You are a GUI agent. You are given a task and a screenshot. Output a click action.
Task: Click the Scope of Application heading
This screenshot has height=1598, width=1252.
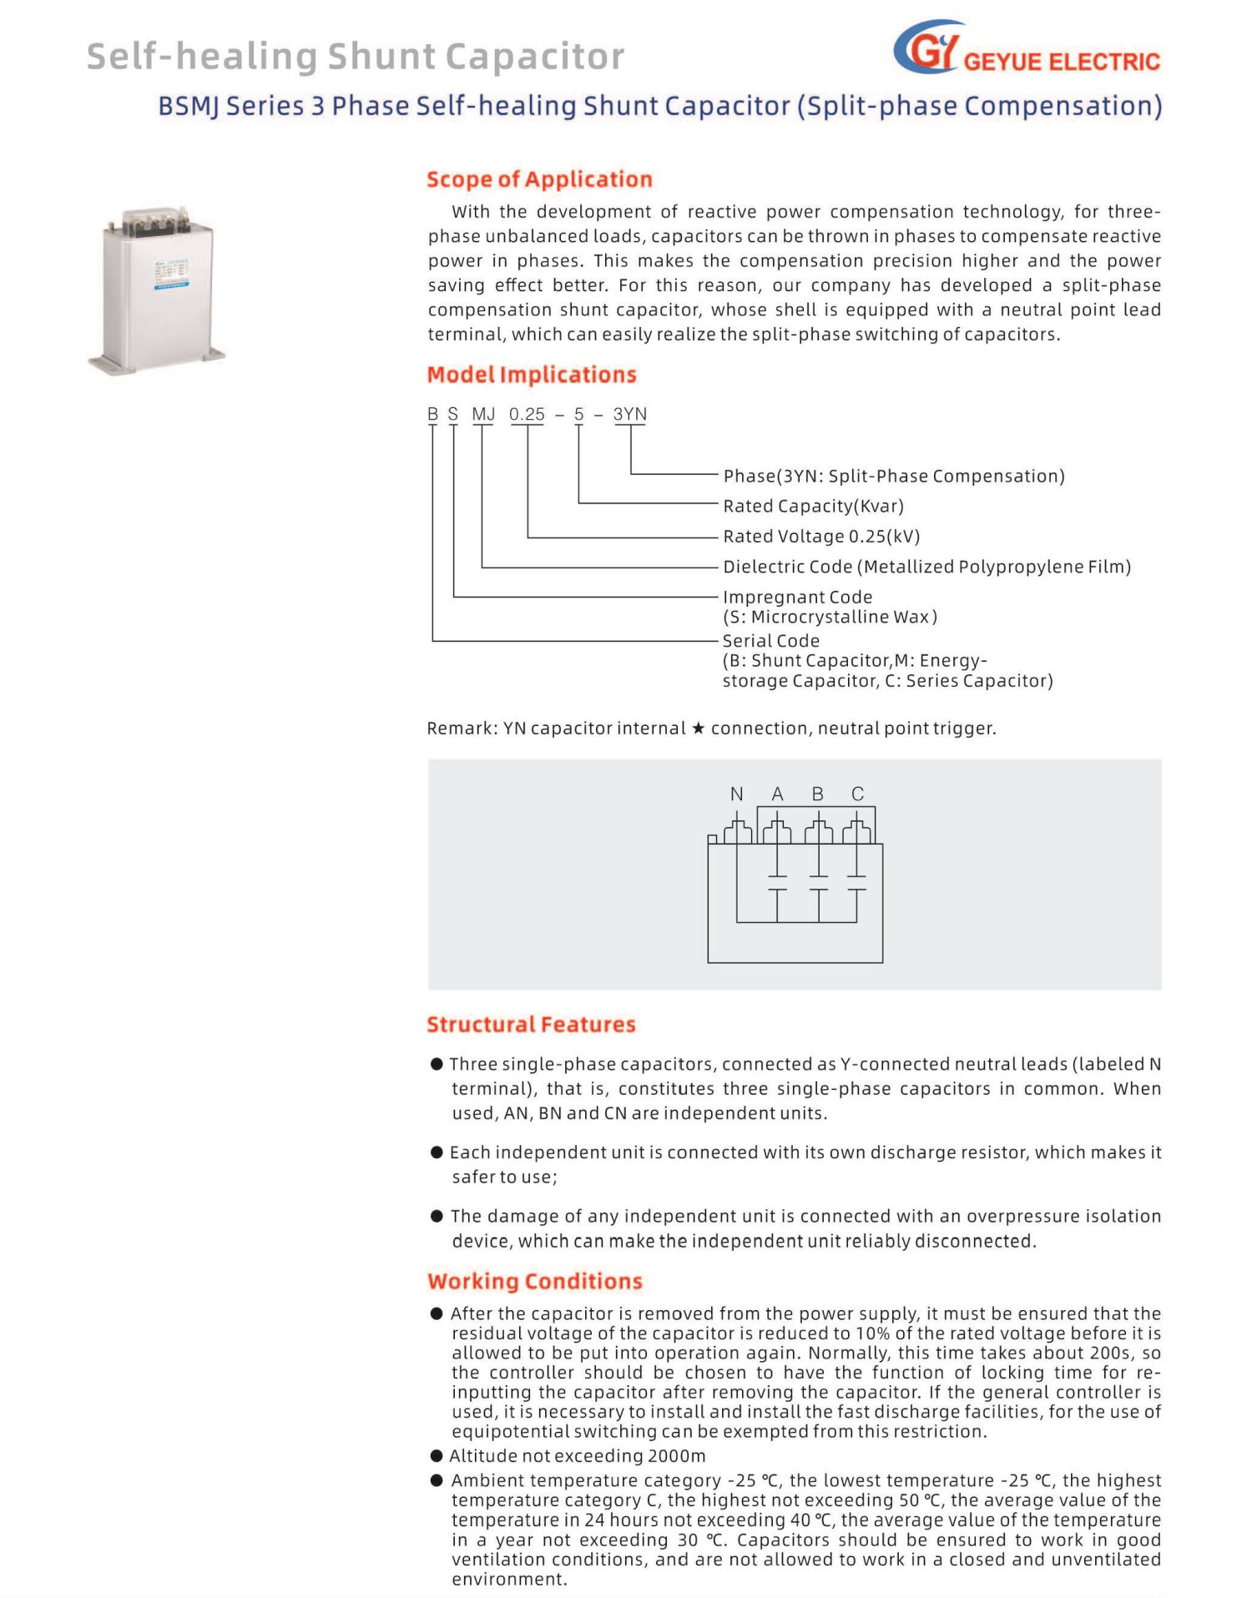click(539, 179)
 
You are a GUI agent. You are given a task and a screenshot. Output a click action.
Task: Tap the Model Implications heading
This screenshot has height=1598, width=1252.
click(531, 375)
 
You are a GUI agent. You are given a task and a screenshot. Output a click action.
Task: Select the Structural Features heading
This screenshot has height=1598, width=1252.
click(531, 1024)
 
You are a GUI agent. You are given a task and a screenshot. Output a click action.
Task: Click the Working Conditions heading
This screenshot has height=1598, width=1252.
click(534, 1281)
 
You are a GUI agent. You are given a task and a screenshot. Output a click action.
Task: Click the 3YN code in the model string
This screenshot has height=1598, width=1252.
click(629, 415)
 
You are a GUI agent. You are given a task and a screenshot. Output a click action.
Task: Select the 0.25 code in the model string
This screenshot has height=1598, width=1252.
click(527, 415)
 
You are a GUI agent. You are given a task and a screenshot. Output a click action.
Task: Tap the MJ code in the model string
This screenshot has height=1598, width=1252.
click(483, 415)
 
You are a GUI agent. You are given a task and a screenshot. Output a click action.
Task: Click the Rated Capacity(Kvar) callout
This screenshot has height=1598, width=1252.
click(813, 507)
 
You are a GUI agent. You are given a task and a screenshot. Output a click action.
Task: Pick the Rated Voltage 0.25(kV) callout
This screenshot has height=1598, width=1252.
click(821, 537)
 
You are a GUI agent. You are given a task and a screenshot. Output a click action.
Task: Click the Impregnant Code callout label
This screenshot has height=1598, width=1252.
click(797, 597)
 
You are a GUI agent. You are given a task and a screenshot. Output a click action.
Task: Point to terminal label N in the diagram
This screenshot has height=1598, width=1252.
click(736, 794)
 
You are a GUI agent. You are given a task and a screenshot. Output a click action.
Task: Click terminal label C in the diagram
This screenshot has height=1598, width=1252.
click(857, 794)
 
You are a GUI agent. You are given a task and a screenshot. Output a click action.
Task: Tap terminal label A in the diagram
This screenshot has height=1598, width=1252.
click(777, 794)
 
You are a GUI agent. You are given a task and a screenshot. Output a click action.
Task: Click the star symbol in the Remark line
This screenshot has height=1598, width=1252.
click(699, 728)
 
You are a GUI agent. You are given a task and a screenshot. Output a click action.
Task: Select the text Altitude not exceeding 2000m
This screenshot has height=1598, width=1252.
click(578, 1456)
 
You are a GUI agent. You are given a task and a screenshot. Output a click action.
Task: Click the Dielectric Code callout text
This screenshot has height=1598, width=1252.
click(926, 567)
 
